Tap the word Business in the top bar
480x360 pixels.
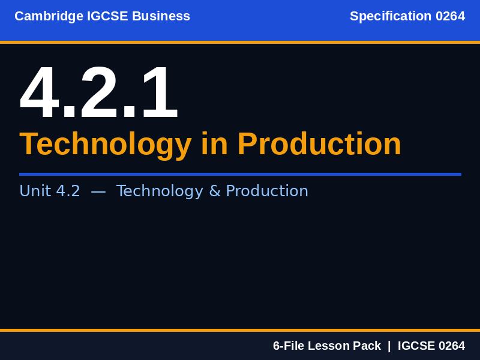pyautogui.click(x=161, y=17)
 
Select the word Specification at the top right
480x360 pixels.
pyautogui.click(x=391, y=17)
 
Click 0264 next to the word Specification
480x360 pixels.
pyautogui.click(x=450, y=17)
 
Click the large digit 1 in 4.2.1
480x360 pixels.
pyautogui.click(x=158, y=93)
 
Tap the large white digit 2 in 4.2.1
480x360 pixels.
pyautogui.click(x=99, y=93)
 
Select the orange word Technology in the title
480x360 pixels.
pyautogui.click(x=106, y=145)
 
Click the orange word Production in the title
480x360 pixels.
pyautogui.click(x=319, y=145)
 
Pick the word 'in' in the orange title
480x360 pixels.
pyautogui.click(x=214, y=145)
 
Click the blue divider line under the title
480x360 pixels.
pyautogui.click(x=240, y=174)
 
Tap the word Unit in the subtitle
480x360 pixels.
pyautogui.click(x=35, y=191)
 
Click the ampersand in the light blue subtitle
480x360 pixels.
pyautogui.click(x=214, y=191)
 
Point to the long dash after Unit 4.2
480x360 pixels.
pyautogui.click(x=98, y=191)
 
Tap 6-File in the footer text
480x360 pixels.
pyautogui.click(x=289, y=346)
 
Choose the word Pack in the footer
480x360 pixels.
pyautogui.click(x=367, y=346)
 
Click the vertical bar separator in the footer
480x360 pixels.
pyautogui.click(x=389, y=346)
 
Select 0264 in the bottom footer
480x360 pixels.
pyautogui.click(x=452, y=346)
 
